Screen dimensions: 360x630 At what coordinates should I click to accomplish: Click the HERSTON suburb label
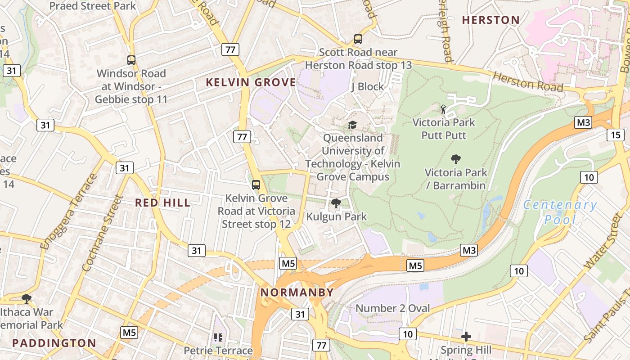490,20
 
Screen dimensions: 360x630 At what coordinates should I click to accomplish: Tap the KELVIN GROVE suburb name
251,82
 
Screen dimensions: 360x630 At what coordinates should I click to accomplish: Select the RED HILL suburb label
163,202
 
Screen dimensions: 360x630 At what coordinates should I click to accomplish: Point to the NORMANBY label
297,292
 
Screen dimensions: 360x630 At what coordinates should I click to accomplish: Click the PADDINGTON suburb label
54,343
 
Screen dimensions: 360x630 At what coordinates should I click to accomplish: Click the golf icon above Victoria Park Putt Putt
444,109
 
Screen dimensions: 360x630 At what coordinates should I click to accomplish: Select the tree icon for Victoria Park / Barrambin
455,159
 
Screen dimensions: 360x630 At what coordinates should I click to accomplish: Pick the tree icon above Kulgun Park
336,203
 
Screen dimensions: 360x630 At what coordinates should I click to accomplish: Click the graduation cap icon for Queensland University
352,125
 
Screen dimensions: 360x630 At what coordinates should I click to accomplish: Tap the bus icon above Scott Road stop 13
358,39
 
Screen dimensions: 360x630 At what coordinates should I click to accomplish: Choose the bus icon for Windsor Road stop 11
131,60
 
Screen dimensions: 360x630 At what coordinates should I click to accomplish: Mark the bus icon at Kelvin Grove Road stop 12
256,184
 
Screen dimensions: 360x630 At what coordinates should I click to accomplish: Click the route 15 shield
615,135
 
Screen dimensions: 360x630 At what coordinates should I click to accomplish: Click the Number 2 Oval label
392,308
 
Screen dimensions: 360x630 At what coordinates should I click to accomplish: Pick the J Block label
368,86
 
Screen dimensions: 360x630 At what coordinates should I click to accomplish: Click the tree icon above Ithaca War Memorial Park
27,298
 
